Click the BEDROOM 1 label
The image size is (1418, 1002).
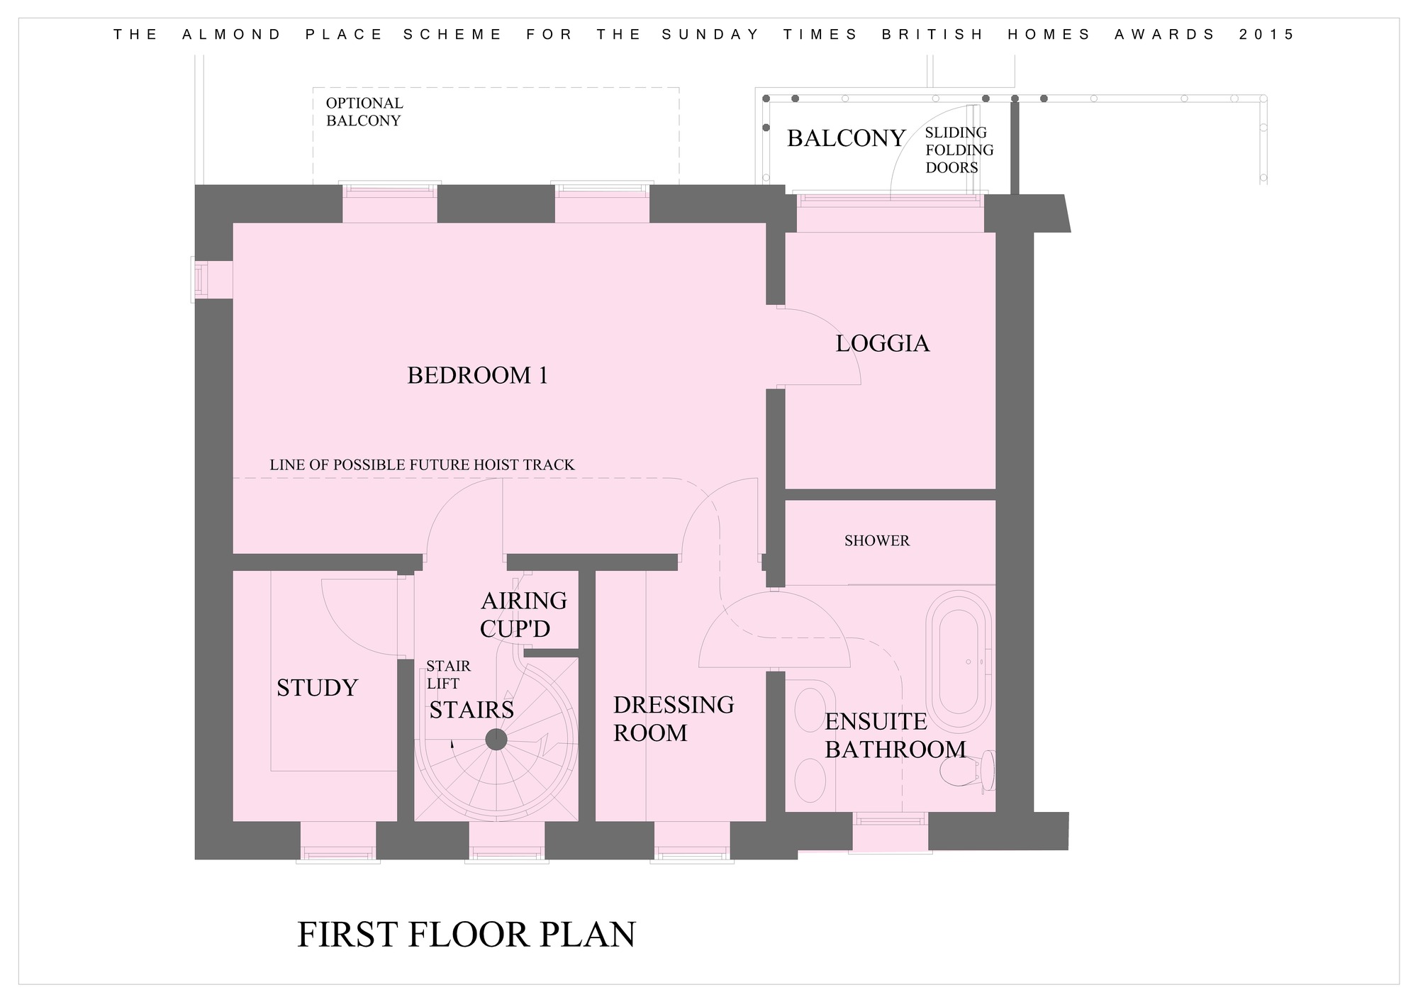point(478,375)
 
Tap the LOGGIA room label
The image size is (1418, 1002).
point(882,343)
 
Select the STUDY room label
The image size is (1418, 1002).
point(317,687)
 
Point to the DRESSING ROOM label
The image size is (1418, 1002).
point(674,718)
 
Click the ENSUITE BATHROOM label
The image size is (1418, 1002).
point(895,735)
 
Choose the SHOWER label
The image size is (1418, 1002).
point(876,540)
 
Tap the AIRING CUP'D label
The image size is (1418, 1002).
point(524,615)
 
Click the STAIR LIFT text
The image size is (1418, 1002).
point(448,675)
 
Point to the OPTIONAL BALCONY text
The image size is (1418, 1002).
point(364,112)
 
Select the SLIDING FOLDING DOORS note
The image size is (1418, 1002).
point(959,150)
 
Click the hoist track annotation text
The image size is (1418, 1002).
point(422,464)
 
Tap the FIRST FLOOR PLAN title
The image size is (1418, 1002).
point(467,934)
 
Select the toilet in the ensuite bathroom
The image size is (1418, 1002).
point(968,771)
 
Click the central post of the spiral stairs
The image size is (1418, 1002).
point(496,740)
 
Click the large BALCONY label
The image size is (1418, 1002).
point(847,138)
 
